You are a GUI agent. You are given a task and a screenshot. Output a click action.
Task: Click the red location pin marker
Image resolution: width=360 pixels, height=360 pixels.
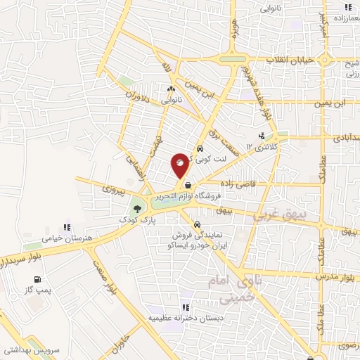(180, 165)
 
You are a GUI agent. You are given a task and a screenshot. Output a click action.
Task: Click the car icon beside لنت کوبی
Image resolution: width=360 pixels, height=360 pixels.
(200, 149)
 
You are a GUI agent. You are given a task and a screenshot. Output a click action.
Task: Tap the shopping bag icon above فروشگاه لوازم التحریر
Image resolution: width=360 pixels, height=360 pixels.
(187, 186)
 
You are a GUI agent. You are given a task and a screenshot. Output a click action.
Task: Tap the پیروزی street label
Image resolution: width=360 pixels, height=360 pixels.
(112, 188)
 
